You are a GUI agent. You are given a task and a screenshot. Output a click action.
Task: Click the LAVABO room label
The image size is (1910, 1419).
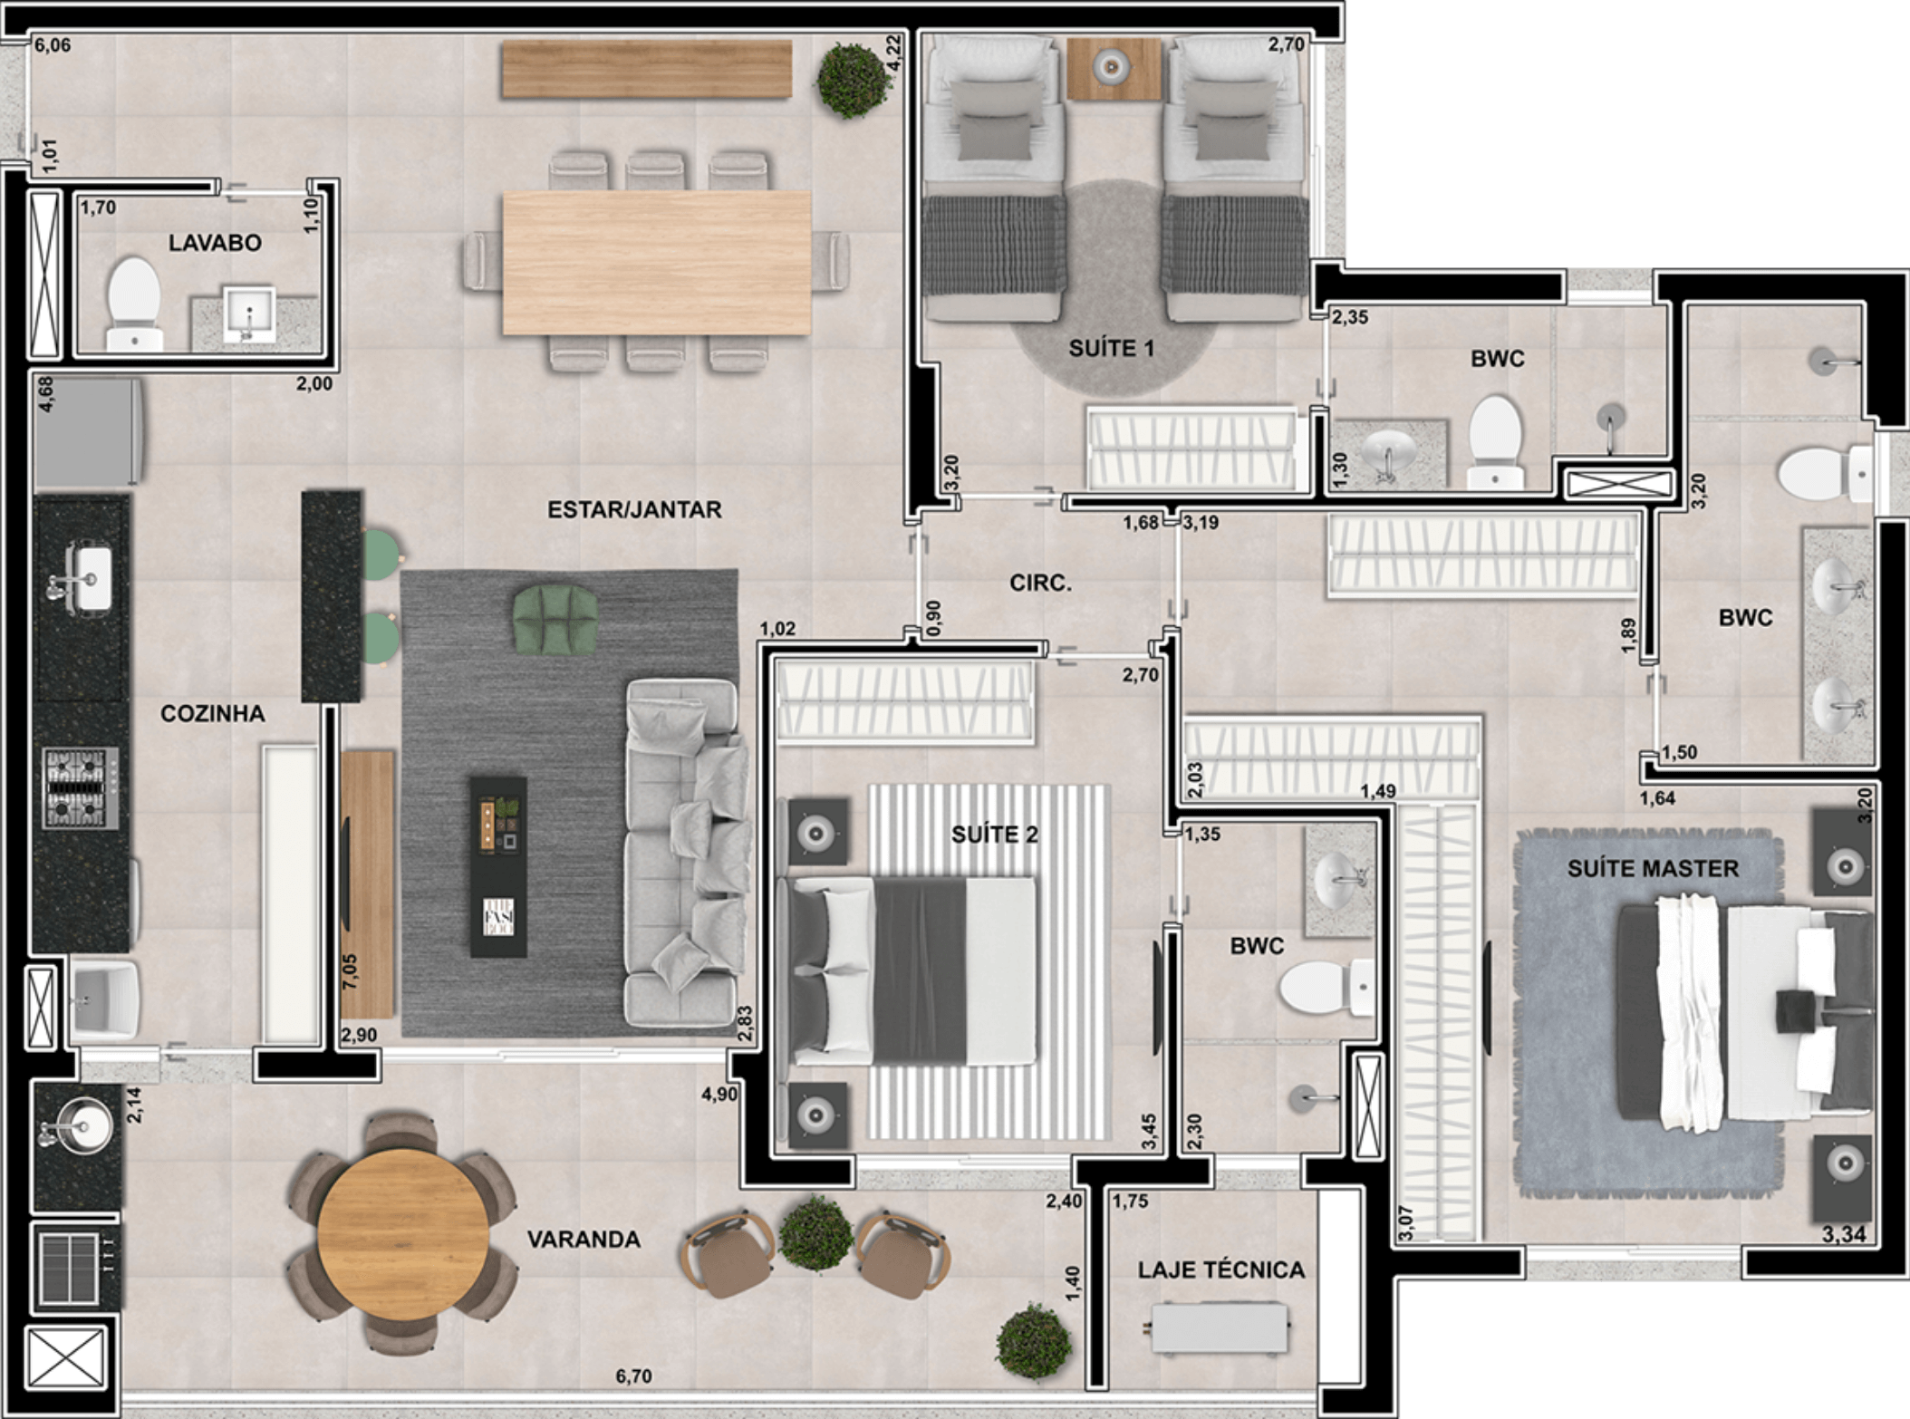(x=215, y=243)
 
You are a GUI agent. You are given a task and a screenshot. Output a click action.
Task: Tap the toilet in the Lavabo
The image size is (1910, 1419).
(x=135, y=304)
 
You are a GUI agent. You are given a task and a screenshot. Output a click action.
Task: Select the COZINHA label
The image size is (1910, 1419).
(x=213, y=714)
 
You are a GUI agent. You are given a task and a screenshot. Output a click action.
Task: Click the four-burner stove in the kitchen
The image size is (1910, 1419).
(x=81, y=787)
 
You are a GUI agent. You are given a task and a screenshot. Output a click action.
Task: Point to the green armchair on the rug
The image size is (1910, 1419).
(x=555, y=620)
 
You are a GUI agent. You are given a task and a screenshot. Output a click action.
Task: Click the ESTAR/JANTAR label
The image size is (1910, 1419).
(x=634, y=510)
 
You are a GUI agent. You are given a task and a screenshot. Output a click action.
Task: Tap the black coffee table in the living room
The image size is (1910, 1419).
(x=497, y=866)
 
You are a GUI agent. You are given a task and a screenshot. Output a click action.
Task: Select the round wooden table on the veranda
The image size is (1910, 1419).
(x=403, y=1234)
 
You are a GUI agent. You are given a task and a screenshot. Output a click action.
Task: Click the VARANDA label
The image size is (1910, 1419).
(x=584, y=1240)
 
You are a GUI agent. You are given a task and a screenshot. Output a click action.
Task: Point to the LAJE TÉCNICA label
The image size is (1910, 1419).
(x=1221, y=1270)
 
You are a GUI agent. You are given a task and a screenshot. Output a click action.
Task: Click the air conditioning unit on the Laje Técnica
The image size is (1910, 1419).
(x=1220, y=1327)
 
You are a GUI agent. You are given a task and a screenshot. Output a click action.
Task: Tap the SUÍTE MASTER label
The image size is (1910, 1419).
(x=1653, y=869)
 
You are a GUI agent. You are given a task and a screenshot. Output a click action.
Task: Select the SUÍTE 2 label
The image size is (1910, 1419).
(x=994, y=835)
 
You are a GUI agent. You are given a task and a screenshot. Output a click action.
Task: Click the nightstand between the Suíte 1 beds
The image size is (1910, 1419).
(x=1114, y=68)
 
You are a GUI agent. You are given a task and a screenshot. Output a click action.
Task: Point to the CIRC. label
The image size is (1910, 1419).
(x=1040, y=584)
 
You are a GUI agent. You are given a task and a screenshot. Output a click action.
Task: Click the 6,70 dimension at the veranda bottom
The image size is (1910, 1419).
(x=633, y=1376)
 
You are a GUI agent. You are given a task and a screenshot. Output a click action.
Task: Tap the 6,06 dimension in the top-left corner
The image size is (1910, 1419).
(x=53, y=45)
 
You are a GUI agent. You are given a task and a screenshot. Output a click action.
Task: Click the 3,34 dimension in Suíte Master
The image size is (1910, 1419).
(x=1844, y=1234)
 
